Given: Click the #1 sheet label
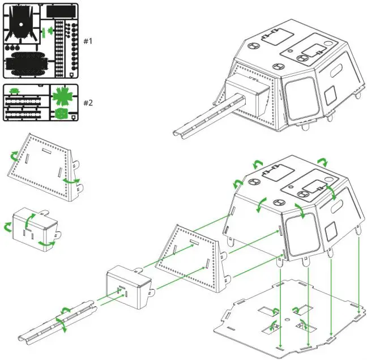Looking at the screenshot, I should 88,41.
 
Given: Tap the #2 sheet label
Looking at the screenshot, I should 88,103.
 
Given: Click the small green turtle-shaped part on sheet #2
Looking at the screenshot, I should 15,90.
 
